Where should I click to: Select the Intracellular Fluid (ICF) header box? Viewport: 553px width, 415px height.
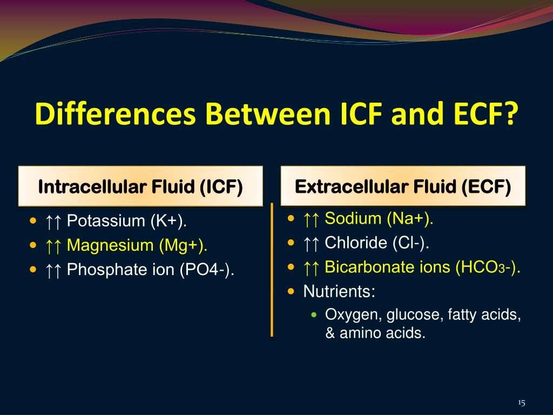140,187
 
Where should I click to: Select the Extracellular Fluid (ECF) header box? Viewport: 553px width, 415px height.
403,187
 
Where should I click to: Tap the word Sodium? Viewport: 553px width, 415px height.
353,219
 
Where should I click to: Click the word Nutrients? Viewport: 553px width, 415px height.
339,292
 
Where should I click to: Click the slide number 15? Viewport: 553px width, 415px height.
521,403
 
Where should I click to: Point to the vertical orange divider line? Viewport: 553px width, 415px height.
272,270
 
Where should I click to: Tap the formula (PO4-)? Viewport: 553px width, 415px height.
207,270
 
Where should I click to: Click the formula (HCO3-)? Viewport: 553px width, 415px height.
489,267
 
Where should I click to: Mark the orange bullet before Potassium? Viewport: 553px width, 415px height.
34,220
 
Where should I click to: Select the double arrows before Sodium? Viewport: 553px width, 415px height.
312,219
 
